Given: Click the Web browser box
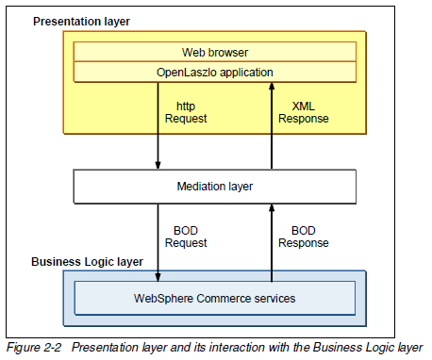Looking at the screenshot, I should (x=215, y=52).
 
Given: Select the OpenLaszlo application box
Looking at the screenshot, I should (x=215, y=71).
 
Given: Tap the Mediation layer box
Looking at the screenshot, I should (x=215, y=186).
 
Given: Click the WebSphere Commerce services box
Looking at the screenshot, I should (x=215, y=299).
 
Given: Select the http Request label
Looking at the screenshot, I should (x=185, y=112).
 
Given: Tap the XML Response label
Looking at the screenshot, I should (x=304, y=112).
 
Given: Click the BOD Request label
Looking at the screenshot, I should (x=185, y=236).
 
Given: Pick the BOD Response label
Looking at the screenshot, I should (x=304, y=236).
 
